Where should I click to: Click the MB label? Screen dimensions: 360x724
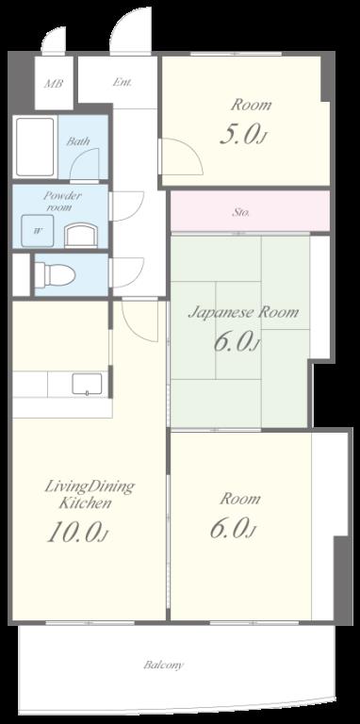54,84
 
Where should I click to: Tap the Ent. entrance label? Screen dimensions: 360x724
123,83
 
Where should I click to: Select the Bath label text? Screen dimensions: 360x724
78,141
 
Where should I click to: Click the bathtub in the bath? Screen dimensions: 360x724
35,147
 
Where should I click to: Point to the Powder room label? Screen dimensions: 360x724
62,201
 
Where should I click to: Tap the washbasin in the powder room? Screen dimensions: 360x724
81,235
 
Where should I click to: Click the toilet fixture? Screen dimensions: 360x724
55,275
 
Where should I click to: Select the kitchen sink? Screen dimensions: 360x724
87,385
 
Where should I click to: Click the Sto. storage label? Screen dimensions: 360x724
241,213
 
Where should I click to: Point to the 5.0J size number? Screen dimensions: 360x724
244,135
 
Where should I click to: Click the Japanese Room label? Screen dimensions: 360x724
243,313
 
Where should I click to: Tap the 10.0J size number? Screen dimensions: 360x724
77,533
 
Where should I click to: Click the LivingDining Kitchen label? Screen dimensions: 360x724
90,494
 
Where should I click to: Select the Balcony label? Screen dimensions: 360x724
163,665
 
